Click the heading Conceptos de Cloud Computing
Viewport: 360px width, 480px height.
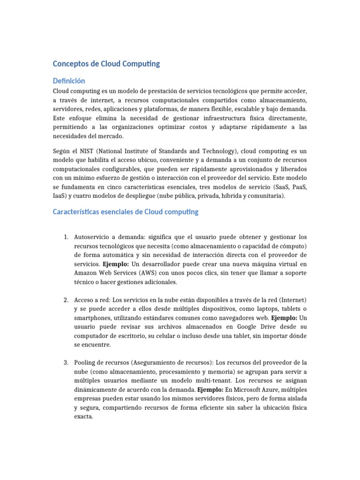tap(106, 64)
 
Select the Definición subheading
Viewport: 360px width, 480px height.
tap(69, 81)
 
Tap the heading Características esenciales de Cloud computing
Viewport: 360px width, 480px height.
tap(125, 212)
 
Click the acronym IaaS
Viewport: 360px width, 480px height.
tap(60, 196)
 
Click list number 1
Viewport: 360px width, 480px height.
tap(66, 237)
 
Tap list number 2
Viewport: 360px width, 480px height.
tap(66, 300)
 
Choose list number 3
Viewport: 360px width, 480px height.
tap(66, 362)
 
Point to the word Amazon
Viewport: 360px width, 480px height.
tap(86, 273)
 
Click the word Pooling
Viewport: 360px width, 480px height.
tap(85, 362)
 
